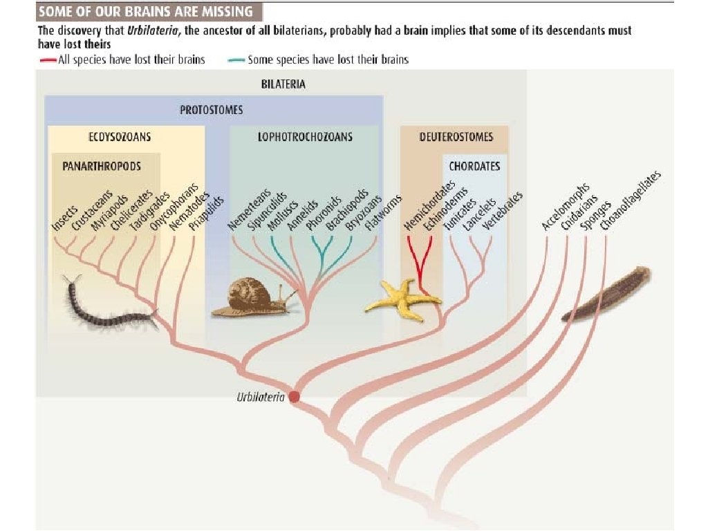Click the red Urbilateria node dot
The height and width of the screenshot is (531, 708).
294,397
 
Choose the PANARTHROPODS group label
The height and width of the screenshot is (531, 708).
101,167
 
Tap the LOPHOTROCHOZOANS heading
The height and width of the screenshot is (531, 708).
305,136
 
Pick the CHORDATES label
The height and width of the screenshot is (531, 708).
474,167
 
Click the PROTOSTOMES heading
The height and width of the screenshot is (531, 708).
212,110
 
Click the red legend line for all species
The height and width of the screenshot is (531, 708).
47,60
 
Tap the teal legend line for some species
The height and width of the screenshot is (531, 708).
236,60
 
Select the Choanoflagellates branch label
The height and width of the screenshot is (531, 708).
631,201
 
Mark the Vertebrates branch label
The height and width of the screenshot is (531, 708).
503,211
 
